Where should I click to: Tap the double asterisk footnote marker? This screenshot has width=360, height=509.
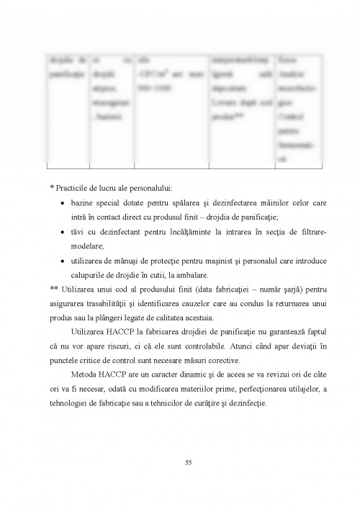54,288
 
